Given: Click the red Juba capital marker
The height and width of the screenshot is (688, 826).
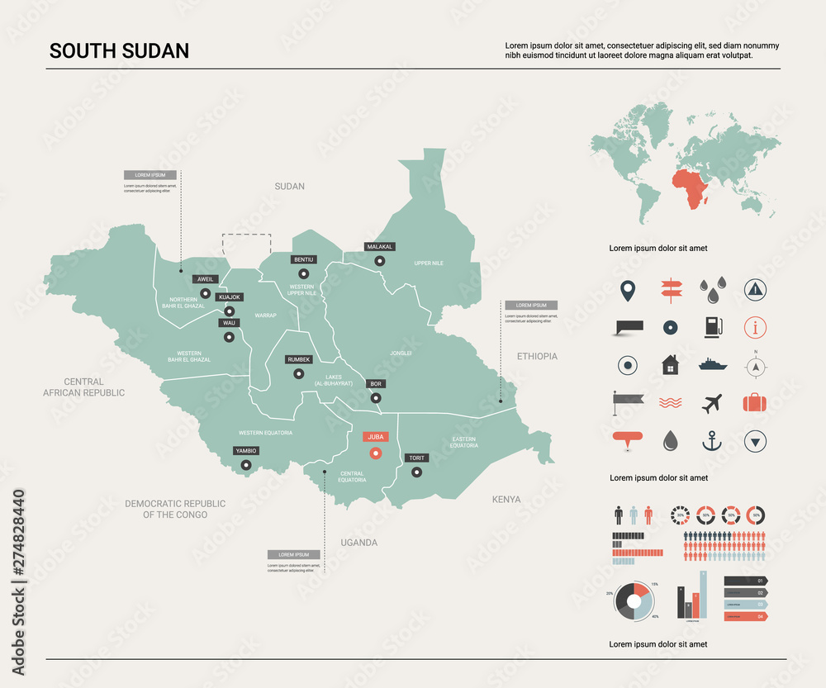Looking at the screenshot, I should (376, 453).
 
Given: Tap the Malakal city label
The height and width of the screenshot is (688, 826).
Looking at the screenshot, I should (379, 246).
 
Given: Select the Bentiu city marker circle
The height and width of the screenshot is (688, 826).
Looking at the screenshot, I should (303, 273).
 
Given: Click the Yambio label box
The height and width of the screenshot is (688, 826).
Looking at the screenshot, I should (245, 451).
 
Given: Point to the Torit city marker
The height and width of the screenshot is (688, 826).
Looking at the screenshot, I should (416, 472).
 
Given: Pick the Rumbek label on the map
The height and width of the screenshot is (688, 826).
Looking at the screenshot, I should (298, 359).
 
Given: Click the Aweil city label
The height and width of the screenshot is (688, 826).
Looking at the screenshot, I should (204, 279).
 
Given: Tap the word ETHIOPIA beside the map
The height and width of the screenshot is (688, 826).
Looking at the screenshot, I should (537, 356).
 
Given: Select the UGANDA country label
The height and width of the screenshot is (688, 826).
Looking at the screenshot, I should (358, 543).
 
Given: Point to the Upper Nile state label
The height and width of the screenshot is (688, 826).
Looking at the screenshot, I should (429, 263).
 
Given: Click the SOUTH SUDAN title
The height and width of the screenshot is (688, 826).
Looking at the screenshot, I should (119, 50).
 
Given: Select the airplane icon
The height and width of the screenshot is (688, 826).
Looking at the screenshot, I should (711, 404).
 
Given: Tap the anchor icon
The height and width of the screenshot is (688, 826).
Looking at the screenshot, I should (711, 442).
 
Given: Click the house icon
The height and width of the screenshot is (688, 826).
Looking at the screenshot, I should (670, 364).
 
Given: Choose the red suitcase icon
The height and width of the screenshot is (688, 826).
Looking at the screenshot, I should (754, 403).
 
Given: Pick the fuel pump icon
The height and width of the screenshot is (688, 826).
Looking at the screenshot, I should (711, 327).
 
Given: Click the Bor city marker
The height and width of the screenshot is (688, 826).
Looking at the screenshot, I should (376, 398).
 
